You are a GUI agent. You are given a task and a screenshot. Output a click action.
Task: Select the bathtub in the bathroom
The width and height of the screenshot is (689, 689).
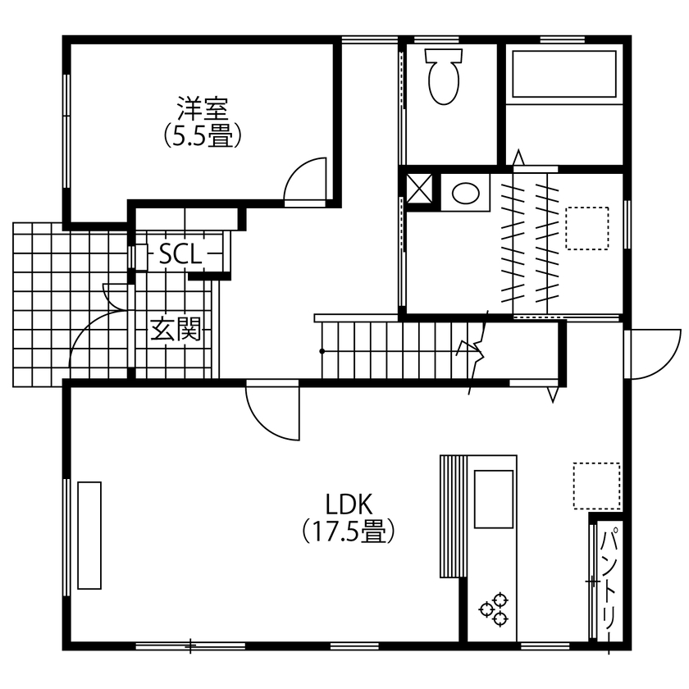point(564,75)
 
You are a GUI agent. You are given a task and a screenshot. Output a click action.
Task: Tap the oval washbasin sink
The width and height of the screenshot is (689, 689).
point(465,193)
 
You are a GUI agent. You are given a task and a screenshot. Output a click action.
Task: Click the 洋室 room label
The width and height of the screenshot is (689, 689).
point(202,107)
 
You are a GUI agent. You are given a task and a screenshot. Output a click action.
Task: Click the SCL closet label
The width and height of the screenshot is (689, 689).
point(180,255)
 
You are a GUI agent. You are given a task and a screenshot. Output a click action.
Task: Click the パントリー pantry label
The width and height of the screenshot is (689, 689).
point(609,579)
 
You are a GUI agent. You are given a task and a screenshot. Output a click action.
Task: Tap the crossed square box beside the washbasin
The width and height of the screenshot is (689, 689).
point(422,188)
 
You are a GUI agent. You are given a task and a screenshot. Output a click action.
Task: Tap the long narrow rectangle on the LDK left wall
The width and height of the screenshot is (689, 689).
point(89,535)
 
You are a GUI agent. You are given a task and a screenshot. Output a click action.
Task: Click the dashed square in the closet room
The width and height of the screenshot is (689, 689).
point(586,227)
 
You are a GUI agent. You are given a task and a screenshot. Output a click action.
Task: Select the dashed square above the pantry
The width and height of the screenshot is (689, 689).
point(596,486)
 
